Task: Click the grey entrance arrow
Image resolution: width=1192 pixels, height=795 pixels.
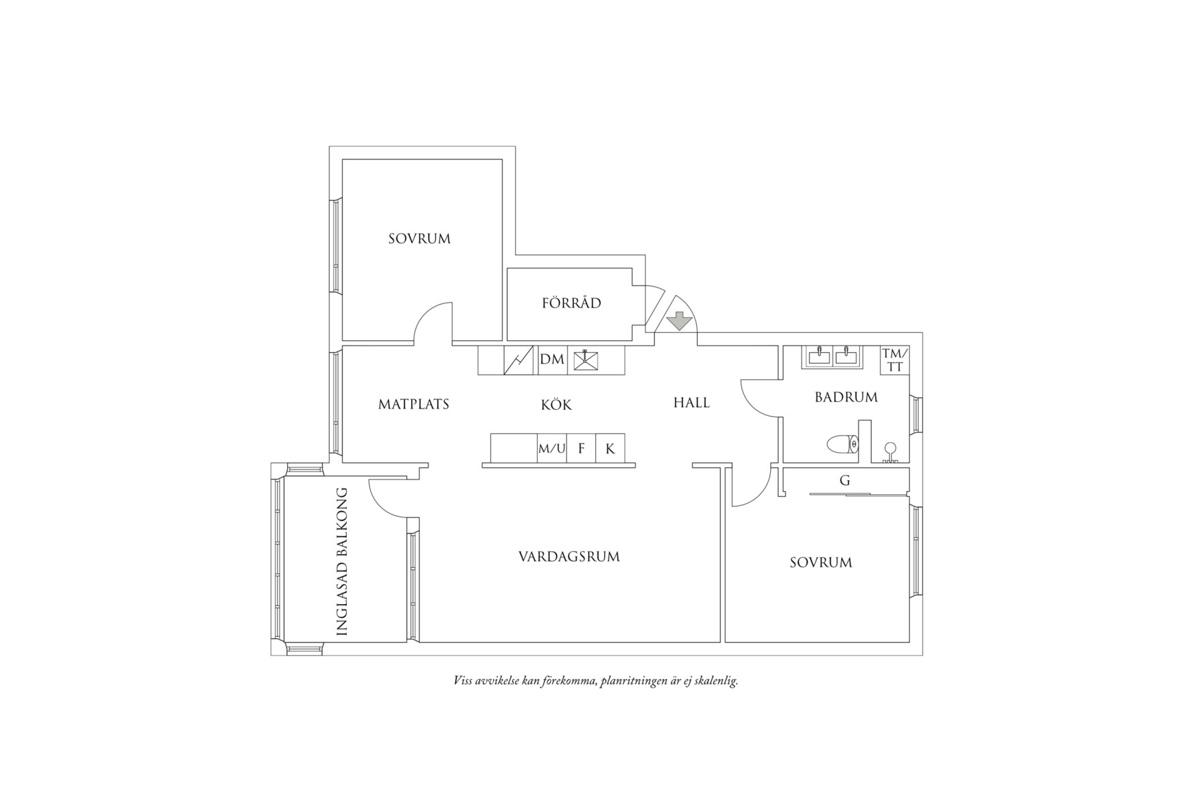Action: [680, 321]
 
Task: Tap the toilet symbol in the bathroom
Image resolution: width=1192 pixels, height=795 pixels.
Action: [842, 444]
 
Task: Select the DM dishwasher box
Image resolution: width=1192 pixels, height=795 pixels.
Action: [552, 360]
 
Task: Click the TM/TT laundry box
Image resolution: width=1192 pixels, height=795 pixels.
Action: [895, 360]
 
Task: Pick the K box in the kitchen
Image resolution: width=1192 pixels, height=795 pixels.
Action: [610, 448]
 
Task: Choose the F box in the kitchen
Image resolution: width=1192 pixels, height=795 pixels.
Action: [581, 448]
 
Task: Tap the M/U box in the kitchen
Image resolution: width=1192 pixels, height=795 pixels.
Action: [552, 448]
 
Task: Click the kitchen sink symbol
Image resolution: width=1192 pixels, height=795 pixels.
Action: [585, 360]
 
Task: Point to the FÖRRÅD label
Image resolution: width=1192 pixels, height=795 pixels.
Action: [571, 303]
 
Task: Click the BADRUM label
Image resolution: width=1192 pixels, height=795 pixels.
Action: [846, 397]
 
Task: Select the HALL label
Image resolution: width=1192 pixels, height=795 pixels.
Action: [691, 403]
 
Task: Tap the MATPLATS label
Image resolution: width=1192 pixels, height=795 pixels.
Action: [413, 405]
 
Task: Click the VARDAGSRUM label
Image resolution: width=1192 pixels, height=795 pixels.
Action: [569, 557]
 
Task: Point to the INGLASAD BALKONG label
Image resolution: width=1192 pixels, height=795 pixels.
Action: [342, 561]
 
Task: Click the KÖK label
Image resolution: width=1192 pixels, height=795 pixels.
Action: [556, 404]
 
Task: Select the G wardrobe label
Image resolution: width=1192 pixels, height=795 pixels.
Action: [844, 480]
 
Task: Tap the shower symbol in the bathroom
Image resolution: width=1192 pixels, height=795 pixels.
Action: [890, 453]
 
